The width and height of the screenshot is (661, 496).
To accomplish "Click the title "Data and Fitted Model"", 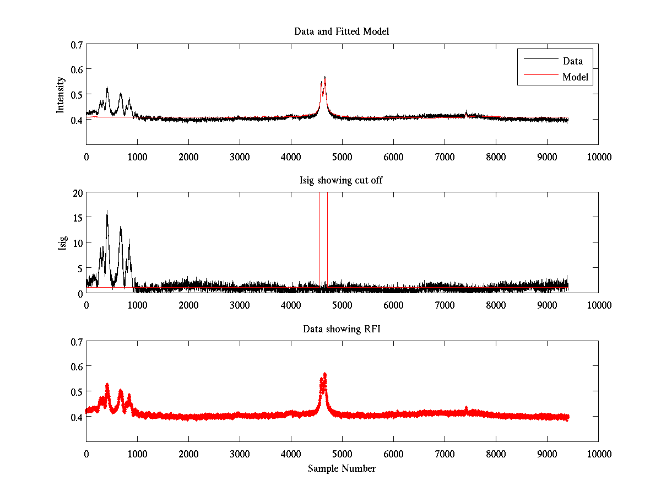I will tap(342, 31).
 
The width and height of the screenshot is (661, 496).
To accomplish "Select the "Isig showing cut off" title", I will tap(342, 180).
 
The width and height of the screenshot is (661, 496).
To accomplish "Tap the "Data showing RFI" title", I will tap(342, 329).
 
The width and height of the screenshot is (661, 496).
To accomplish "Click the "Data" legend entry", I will tap(572, 61).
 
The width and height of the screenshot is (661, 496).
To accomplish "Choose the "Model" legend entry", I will tap(575, 77).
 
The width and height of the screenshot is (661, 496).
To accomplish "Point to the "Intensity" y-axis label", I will tap(61, 94).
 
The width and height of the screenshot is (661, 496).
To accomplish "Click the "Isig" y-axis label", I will tap(63, 242).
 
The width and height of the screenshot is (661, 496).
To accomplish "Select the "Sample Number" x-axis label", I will tap(342, 468).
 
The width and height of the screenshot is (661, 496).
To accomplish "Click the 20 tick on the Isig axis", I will tap(76, 193).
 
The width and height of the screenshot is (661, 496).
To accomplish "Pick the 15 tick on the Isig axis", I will tap(76, 218).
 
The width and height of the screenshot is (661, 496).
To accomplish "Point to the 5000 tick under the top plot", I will tap(342, 157).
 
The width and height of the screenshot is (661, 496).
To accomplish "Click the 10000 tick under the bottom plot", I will tap(599, 454).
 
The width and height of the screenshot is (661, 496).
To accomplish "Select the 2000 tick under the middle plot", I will tap(188, 305).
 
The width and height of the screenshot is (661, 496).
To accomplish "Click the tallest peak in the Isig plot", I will tap(107, 211).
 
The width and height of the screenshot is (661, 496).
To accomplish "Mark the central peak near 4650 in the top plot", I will tap(325, 78).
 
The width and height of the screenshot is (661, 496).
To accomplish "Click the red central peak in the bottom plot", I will tap(325, 375).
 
